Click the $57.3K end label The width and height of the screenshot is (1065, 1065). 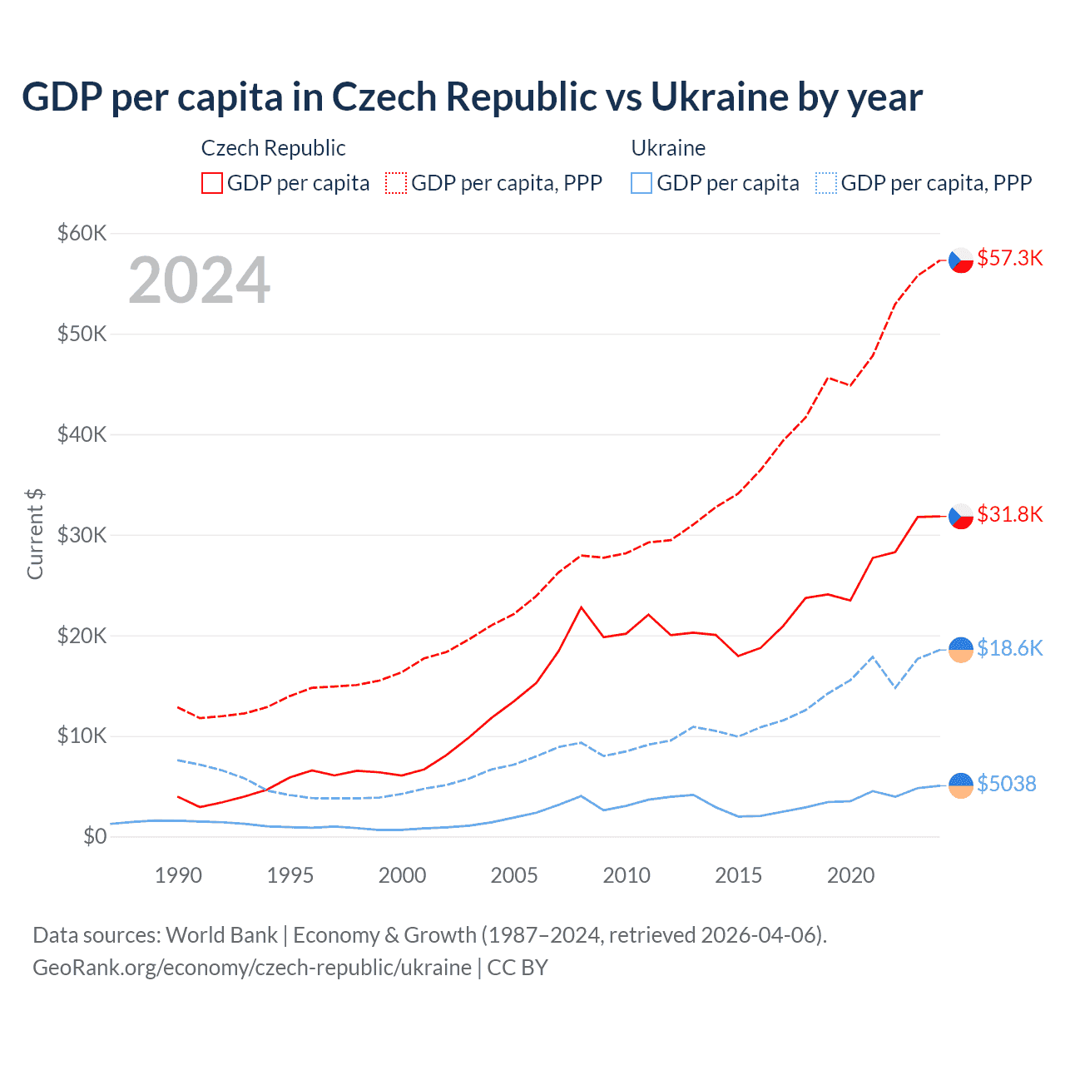click(1009, 258)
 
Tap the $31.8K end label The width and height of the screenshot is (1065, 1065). click(1009, 514)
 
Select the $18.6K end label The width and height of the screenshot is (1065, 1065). click(1009, 648)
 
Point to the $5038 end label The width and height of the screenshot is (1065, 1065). click(1006, 784)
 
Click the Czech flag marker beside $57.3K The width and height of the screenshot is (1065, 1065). click(961, 260)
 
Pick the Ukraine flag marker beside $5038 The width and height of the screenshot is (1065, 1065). click(961, 785)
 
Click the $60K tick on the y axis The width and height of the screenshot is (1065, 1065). click(82, 233)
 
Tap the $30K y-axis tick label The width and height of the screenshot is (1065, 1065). click(82, 535)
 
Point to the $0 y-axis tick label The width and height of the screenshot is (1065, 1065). click(95, 836)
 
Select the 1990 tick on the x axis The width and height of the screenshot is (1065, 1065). click(178, 875)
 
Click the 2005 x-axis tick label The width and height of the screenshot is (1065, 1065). click(514, 875)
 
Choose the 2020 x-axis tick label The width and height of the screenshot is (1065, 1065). click(850, 875)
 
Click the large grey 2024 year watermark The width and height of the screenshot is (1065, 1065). click(200, 280)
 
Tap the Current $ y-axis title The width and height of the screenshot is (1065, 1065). click(35, 534)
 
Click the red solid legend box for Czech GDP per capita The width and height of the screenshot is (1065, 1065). click(212, 183)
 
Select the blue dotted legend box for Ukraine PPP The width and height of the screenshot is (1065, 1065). click(826, 183)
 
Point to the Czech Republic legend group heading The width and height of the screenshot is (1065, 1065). click(273, 148)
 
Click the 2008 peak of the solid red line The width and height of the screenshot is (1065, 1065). click(582, 607)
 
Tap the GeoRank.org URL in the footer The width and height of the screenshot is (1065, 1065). click(252, 968)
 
